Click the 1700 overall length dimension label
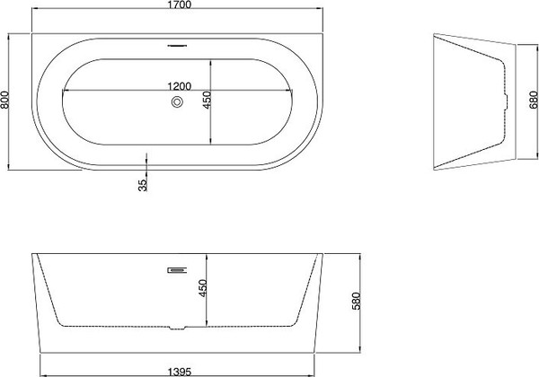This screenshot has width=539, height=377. click(175, 7)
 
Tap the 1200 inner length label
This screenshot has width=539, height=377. click(180, 86)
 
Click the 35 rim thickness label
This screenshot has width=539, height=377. click(143, 185)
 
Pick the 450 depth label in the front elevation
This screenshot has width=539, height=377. click(202, 287)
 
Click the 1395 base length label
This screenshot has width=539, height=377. click(179, 370)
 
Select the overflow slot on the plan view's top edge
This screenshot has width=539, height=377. click(176, 40)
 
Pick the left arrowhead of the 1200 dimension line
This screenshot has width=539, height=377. click(63, 93)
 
